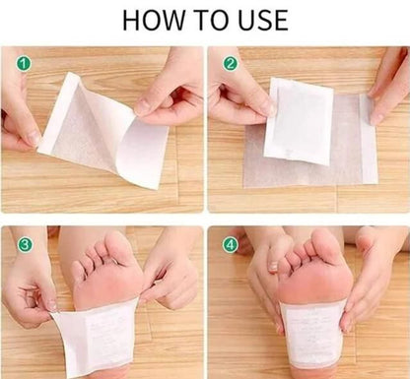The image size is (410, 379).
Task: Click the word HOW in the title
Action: [x=154, y=21]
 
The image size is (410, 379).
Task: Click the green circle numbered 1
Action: [x=24, y=63]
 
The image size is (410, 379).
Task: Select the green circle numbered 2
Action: [x=230, y=63]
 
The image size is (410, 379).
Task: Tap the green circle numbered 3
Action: [x=25, y=245]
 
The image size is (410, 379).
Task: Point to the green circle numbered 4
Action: [x=231, y=245]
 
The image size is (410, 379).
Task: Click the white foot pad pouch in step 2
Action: [x=299, y=122]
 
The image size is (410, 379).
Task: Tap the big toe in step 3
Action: [x=119, y=247]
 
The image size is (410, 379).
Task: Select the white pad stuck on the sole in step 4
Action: [x=312, y=333]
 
